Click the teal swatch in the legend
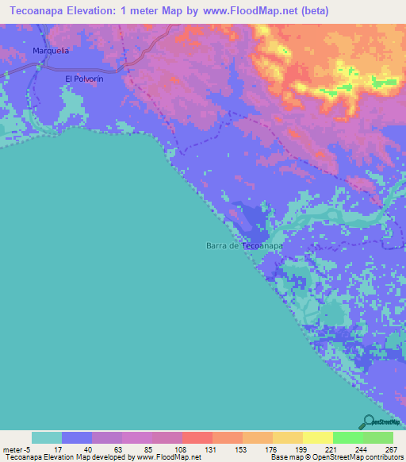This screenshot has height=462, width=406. [x=47, y=437]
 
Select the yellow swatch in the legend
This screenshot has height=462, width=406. [x=287, y=437]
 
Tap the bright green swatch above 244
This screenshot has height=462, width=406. [x=347, y=437]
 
